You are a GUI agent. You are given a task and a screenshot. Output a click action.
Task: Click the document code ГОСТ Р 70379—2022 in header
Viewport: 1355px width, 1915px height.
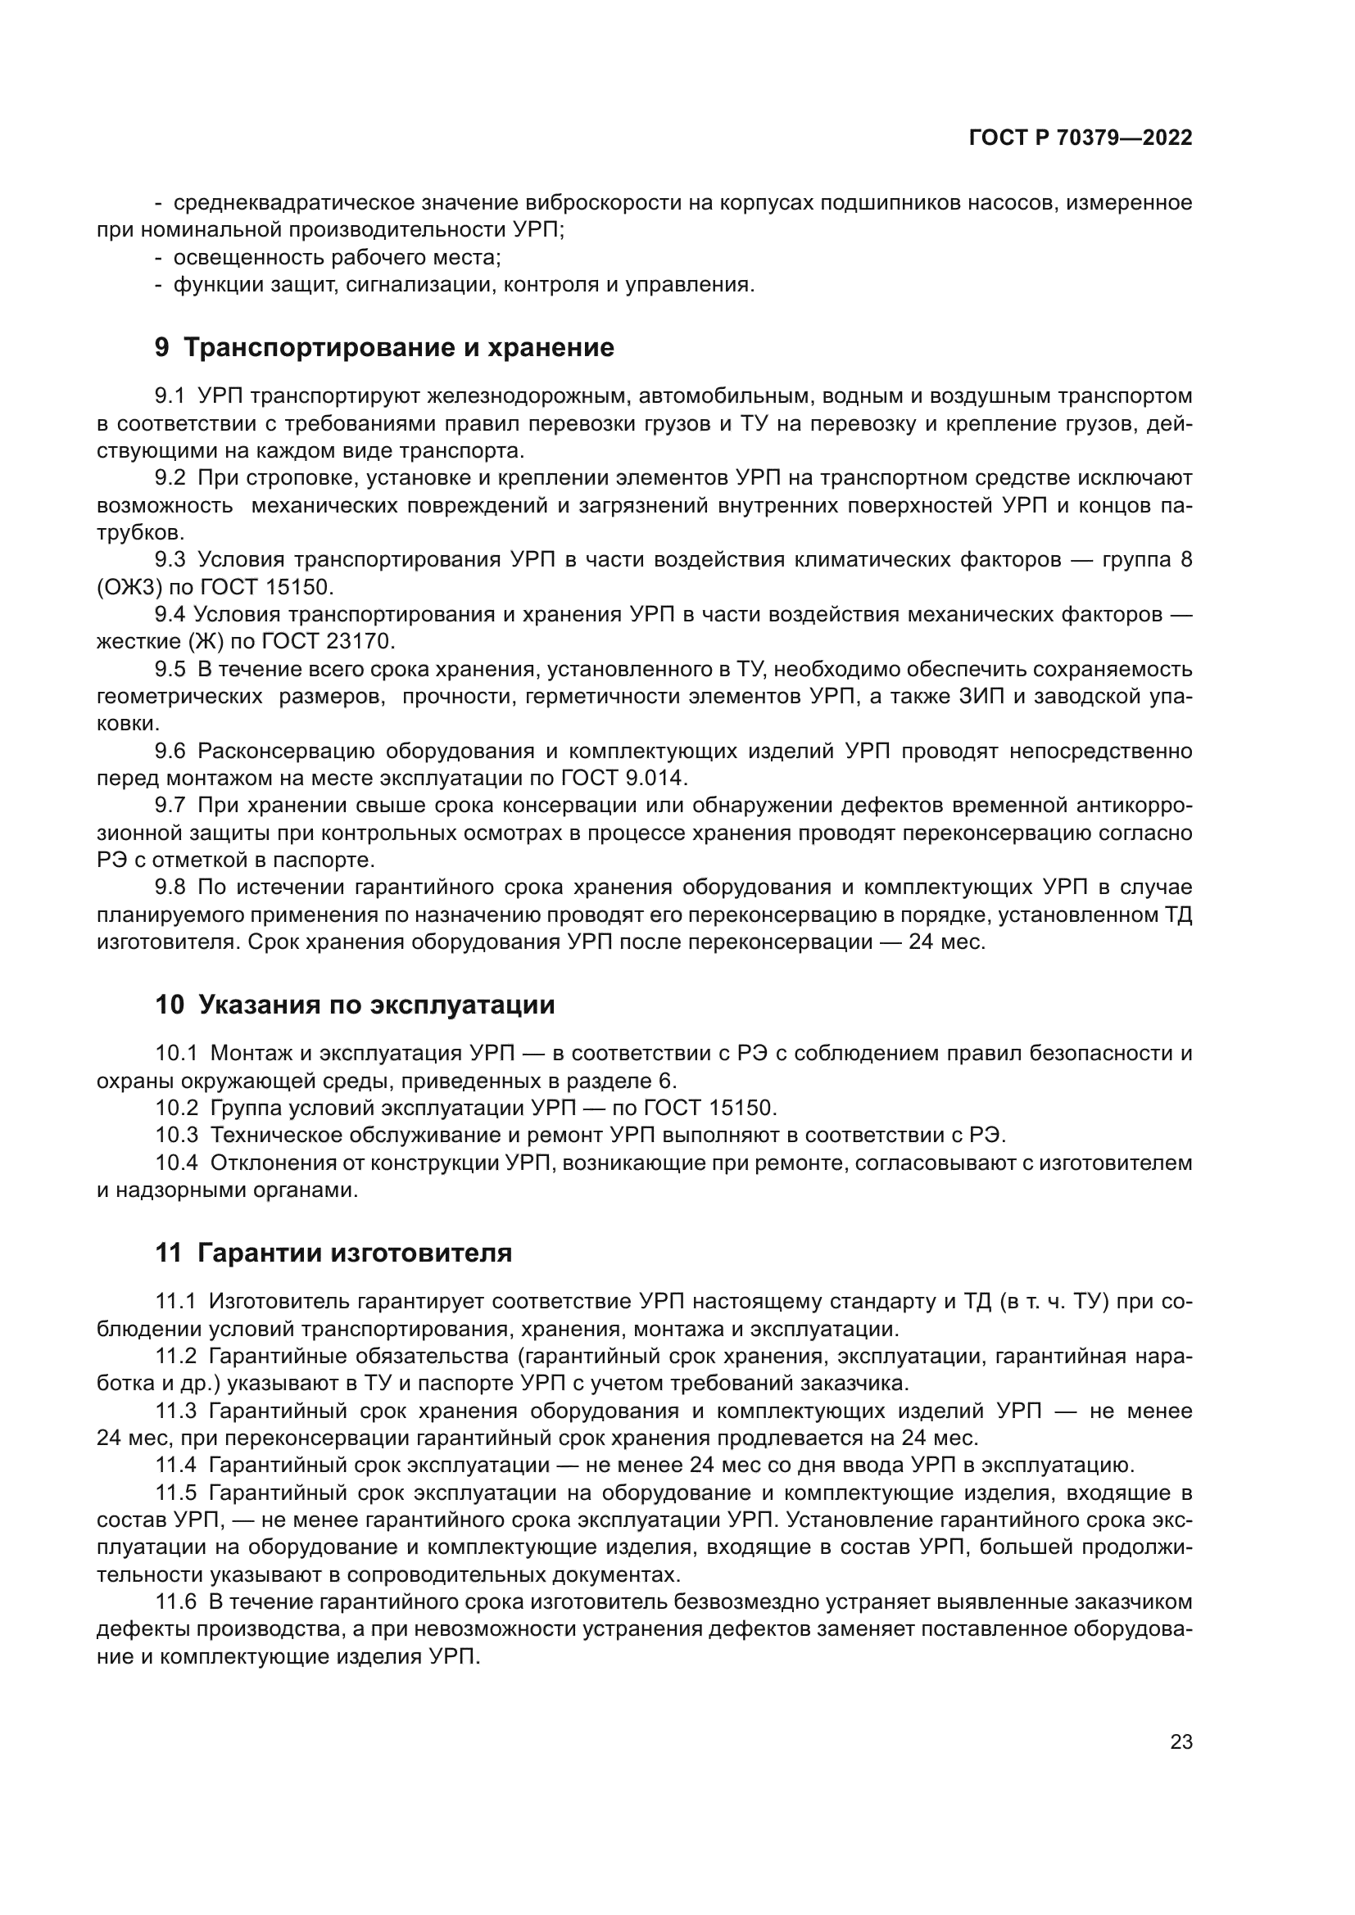coord(1081,138)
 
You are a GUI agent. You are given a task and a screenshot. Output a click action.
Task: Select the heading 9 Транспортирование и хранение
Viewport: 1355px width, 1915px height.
coord(383,348)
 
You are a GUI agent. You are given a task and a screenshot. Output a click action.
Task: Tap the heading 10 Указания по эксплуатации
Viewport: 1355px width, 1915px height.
coord(355,1005)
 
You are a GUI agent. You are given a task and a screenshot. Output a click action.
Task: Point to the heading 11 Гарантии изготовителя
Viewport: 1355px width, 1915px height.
coord(333,1253)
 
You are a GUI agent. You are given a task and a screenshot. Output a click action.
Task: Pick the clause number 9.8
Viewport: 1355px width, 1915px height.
coord(170,888)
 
